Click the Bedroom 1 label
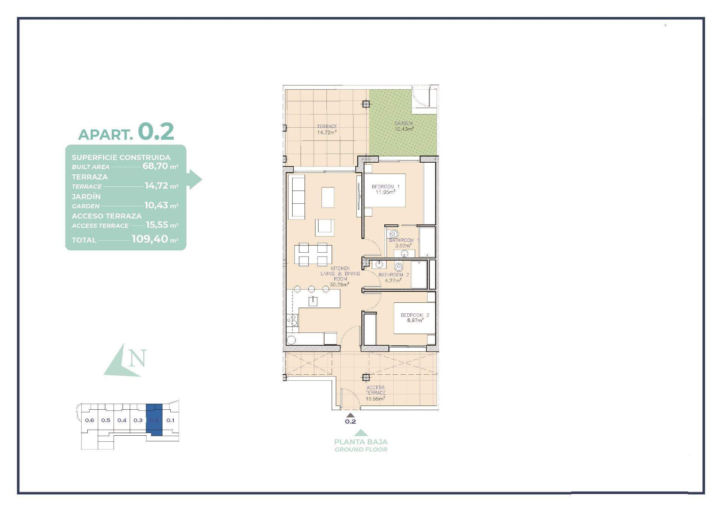[385, 186]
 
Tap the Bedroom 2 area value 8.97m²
[415, 320]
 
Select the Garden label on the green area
[403, 123]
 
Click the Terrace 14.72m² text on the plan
[327, 130]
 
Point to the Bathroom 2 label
[393, 275]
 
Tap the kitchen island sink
[313, 301]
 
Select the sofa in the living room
[297, 197]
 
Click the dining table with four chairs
[313, 254]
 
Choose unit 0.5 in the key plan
[106, 420]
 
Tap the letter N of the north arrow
[137, 358]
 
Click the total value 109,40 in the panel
[150, 239]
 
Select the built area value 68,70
[155, 166]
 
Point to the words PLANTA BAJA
[361, 442]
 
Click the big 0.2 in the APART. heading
[156, 131]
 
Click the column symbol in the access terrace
[366, 377]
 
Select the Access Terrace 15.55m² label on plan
[375, 393]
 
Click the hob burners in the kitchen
[292, 320]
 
